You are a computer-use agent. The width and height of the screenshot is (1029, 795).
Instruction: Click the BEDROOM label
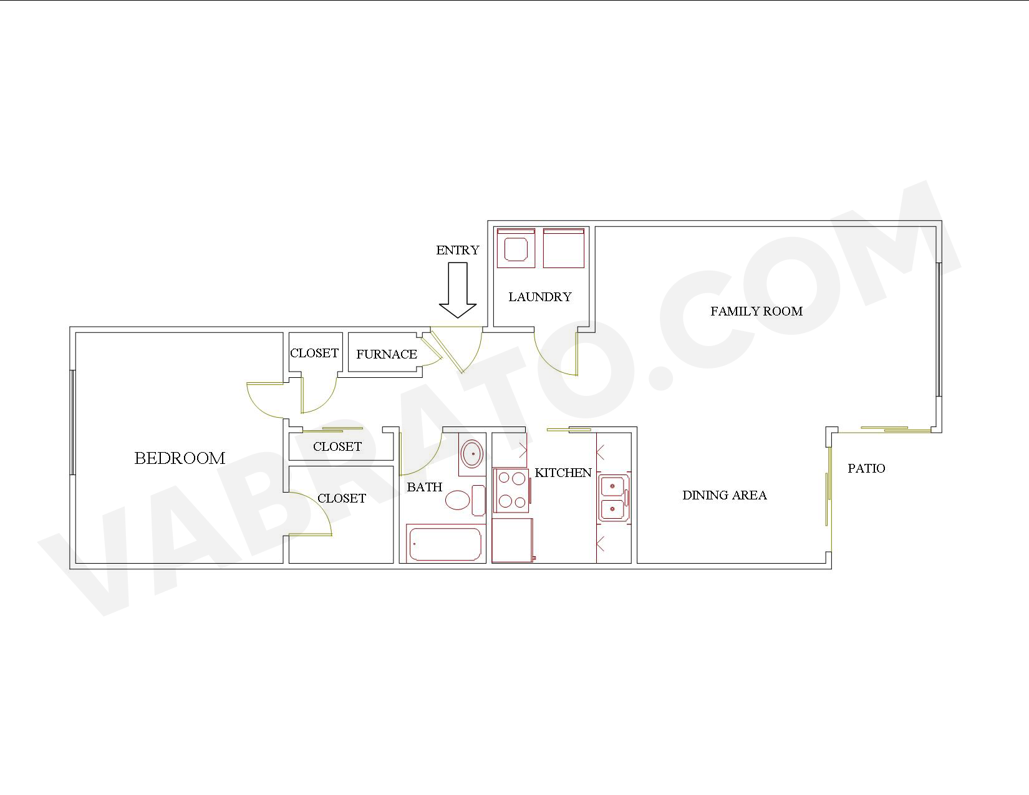point(180,458)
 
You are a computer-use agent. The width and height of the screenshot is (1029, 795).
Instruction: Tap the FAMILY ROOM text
point(756,311)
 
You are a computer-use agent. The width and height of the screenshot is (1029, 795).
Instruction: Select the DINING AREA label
point(724,495)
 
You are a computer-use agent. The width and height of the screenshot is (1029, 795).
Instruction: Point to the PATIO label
point(866,468)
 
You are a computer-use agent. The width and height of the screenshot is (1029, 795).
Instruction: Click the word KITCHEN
point(563,473)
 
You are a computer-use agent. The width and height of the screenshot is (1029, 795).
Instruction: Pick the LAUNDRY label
point(540,297)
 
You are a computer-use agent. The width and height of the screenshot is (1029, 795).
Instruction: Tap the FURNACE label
point(387,354)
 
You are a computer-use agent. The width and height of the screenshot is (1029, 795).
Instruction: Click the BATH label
point(424,487)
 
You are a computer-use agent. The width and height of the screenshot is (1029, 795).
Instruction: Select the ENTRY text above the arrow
point(458,250)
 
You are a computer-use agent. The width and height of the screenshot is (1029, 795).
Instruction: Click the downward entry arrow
point(458,290)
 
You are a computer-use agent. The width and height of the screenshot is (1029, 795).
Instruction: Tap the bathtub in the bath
point(445,544)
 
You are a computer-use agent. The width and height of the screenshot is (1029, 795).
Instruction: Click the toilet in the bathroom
point(465,500)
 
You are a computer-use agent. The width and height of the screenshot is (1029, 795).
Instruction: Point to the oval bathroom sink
point(472,453)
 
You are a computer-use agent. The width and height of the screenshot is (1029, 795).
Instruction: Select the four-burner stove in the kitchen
point(511,491)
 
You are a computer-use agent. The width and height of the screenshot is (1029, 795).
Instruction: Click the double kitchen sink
point(613,498)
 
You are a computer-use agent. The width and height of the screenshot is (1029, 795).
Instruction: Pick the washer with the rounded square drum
point(516,248)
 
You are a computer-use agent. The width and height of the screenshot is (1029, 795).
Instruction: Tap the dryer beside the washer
point(564,248)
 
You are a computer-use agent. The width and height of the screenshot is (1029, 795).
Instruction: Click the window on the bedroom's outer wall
point(72,422)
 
